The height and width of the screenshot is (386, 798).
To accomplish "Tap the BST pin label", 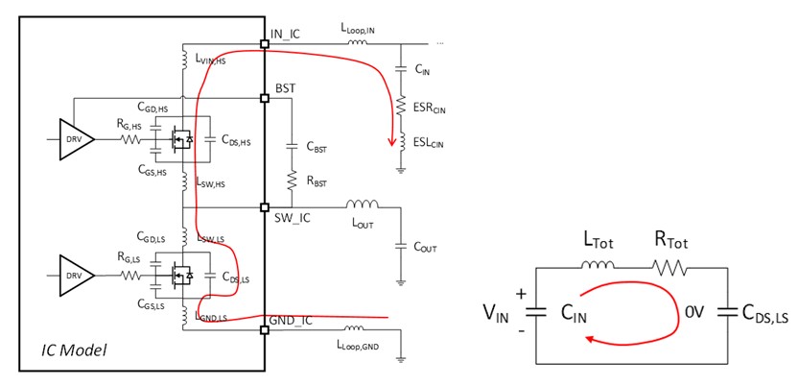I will (285, 88).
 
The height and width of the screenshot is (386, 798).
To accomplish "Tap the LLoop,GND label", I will (361, 343).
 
